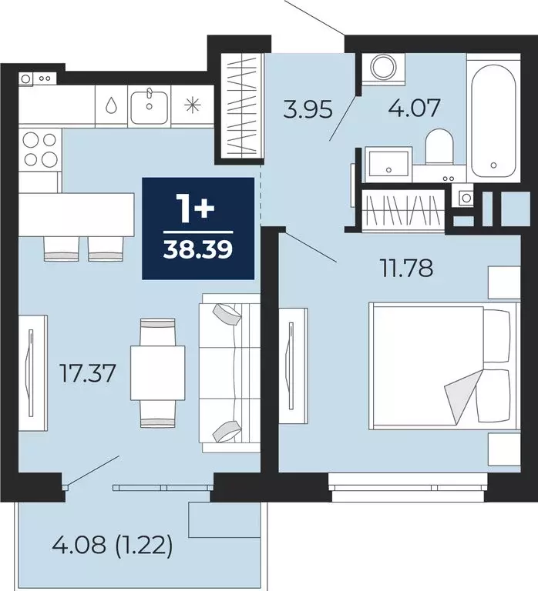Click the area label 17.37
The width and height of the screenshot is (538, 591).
(x=88, y=375)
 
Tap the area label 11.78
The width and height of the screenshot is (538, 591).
(x=405, y=269)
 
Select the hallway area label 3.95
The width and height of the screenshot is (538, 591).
(x=307, y=109)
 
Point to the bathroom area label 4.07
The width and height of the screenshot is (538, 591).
(x=415, y=107)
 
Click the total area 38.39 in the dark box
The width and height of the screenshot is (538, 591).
(x=198, y=249)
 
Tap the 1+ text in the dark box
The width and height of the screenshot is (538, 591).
(x=198, y=208)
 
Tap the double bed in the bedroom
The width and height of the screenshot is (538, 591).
(x=439, y=366)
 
